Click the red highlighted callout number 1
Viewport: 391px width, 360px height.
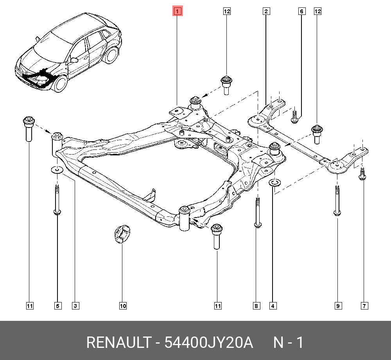pyautogui.click(x=177, y=11)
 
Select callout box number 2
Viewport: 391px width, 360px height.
pyautogui.click(x=265, y=11)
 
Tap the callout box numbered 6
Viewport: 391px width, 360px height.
pyautogui.click(x=301, y=11)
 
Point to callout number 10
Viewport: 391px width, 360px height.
pyautogui.click(x=123, y=306)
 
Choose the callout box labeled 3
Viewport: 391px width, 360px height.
pyautogui.click(x=75, y=306)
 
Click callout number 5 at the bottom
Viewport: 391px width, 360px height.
pyautogui.click(x=57, y=306)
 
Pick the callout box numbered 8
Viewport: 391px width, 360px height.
pyautogui.click(x=256, y=306)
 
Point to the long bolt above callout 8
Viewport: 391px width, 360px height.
pyautogui.click(x=257, y=211)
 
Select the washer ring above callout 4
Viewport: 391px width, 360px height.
pyautogui.click(x=274, y=182)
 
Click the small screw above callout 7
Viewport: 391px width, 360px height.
pyautogui.click(x=362, y=174)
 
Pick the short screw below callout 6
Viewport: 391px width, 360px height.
pyautogui.click(x=295, y=116)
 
